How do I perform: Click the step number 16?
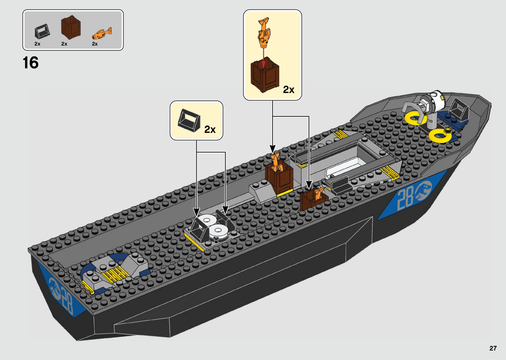[x=31, y=63]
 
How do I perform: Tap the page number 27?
[x=493, y=348]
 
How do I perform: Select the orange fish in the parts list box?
[x=102, y=33]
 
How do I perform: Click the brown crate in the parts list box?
[x=71, y=28]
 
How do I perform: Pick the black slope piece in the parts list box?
[x=42, y=32]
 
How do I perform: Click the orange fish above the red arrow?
[x=264, y=33]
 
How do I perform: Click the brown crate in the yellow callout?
[x=265, y=75]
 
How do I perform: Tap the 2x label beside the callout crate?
[x=288, y=90]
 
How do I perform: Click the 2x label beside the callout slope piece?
[x=210, y=129]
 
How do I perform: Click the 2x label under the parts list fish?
[x=95, y=44]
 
